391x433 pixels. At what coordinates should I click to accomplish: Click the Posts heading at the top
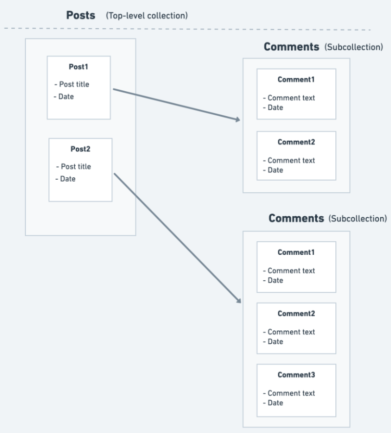[81, 15]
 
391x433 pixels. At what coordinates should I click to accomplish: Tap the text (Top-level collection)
[147, 16]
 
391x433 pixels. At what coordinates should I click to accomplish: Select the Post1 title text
[78, 67]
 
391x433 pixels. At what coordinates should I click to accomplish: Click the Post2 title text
[80, 149]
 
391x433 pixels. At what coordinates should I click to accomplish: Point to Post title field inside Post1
[72, 84]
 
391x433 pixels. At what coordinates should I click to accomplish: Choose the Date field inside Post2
[65, 179]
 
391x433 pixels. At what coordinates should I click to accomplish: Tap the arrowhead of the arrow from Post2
[239, 300]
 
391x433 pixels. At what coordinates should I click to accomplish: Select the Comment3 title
[296, 375]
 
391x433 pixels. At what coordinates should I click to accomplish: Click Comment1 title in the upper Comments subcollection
[296, 80]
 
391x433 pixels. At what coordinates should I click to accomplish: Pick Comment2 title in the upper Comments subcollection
[296, 142]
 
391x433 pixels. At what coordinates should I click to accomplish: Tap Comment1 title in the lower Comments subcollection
[296, 252]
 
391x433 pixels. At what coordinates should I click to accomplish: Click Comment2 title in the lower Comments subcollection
[296, 314]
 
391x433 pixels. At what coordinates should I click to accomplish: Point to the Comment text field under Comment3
[289, 393]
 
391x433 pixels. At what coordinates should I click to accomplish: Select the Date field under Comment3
[273, 403]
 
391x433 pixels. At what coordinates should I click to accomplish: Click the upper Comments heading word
[291, 47]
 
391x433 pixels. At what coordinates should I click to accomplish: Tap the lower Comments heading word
[296, 218]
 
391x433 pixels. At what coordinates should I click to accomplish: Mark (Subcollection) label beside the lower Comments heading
[358, 219]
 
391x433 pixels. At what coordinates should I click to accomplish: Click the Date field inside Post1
[64, 97]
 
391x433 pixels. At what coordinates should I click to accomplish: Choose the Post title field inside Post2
[73, 166]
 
